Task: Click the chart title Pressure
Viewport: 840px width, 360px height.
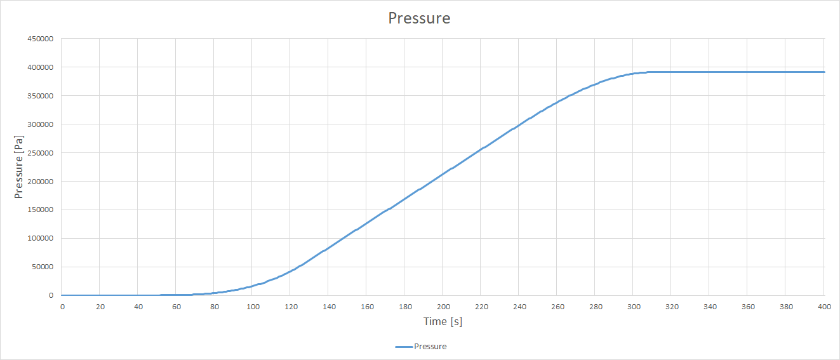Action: (419, 18)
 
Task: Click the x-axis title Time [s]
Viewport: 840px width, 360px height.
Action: (443, 322)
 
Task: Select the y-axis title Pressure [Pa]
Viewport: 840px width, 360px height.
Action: (19, 167)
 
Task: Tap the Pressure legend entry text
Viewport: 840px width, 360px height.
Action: (430, 347)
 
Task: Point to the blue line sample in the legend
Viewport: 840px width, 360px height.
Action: (403, 347)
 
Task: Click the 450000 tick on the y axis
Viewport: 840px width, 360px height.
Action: (39, 39)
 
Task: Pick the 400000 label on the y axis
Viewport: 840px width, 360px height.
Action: (39, 67)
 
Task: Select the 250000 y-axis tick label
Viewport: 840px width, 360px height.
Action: (39, 153)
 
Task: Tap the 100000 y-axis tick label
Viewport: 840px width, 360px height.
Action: (39, 239)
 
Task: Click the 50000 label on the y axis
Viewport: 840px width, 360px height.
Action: (41, 267)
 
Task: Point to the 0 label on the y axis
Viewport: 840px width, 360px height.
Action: (50, 296)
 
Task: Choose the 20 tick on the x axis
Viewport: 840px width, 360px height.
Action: (100, 307)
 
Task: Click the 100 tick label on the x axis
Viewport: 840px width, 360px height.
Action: (253, 307)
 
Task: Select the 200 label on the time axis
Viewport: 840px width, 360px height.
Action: (443, 307)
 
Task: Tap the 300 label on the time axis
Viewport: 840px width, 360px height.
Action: (634, 307)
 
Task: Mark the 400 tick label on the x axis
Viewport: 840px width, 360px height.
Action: (823, 307)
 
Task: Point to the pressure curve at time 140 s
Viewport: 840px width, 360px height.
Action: (329, 250)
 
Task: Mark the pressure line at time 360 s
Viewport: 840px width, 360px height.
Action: (748, 72)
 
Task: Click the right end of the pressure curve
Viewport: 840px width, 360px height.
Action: (823, 72)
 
